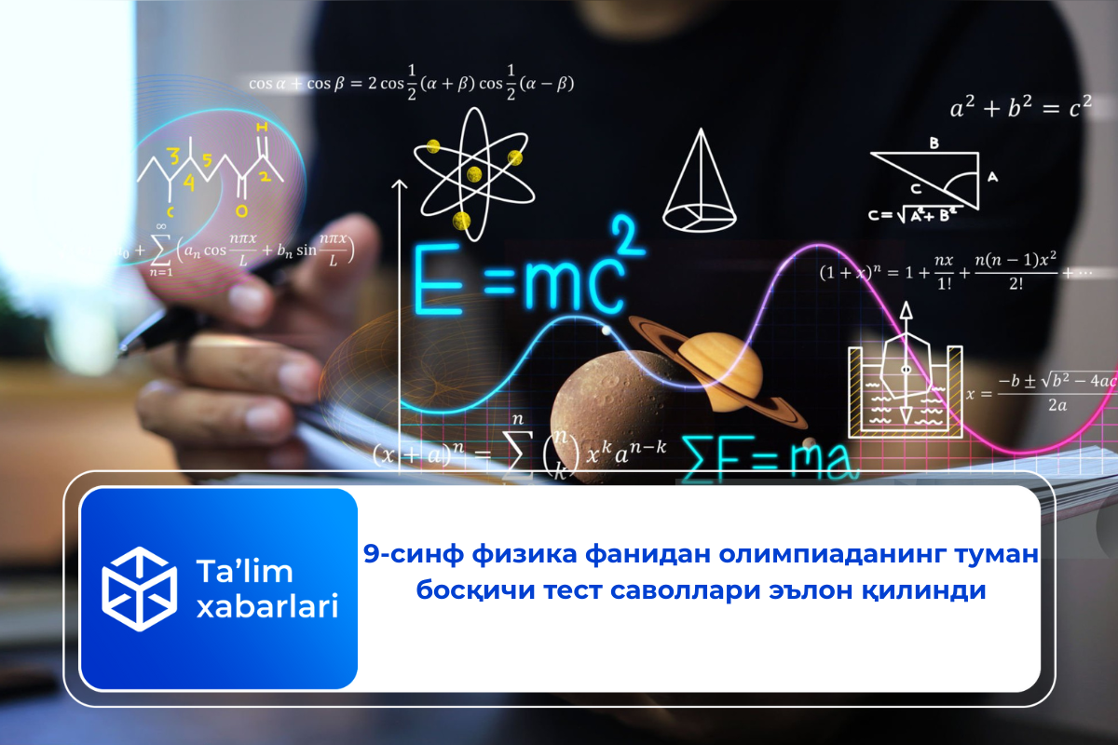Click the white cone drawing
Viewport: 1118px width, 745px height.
[x=700, y=181]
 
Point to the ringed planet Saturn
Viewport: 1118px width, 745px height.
[x=717, y=368]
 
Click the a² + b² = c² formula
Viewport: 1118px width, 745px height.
[x=1019, y=109]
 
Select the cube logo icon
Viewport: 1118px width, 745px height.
[x=138, y=589]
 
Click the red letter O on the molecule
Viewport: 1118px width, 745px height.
[x=241, y=211]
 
